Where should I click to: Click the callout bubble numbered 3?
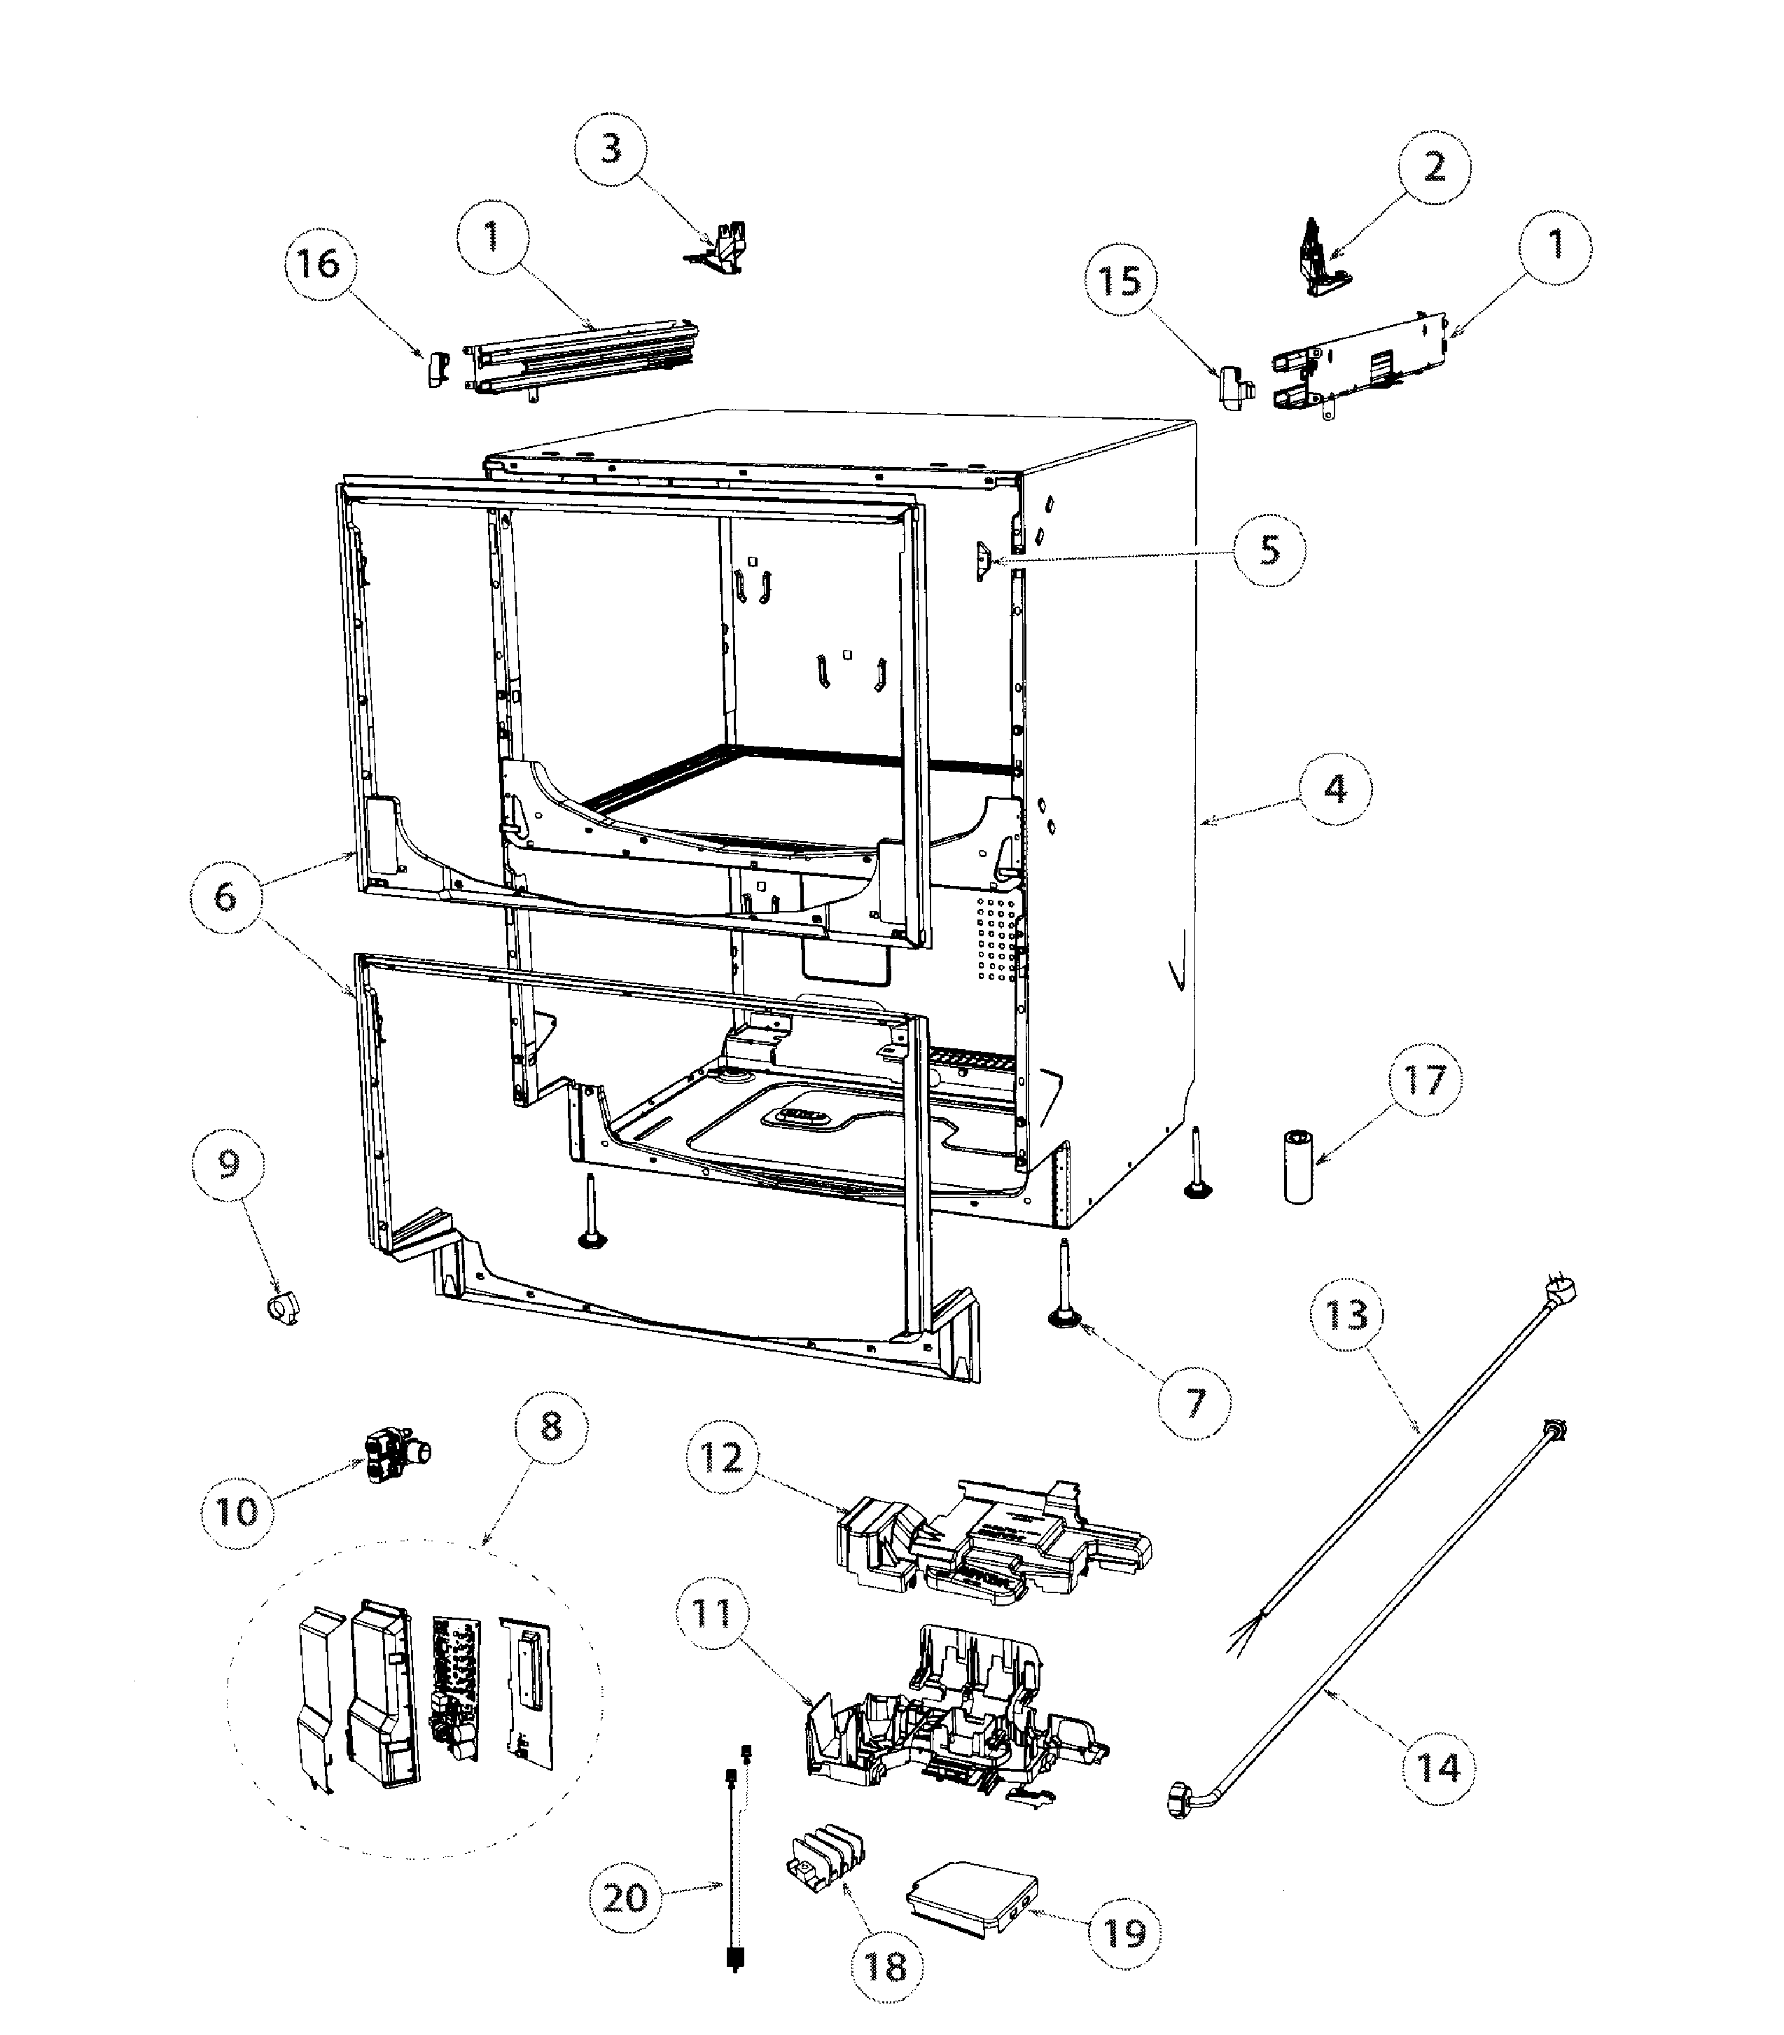click(x=611, y=149)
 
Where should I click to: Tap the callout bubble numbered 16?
click(x=319, y=264)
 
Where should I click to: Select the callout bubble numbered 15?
click(x=1120, y=281)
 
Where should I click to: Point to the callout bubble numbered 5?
click(x=1269, y=550)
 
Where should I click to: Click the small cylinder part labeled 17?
click(x=1297, y=1167)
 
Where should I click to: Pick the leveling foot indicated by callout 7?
click(x=1064, y=1291)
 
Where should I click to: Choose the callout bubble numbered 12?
click(x=722, y=1459)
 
